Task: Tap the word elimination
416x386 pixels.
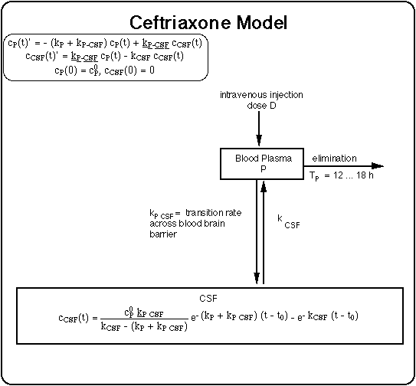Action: click(x=334, y=159)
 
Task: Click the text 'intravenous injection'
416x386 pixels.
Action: click(x=260, y=95)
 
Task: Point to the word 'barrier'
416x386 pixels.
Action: click(x=163, y=235)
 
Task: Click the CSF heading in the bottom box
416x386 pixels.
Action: click(x=208, y=299)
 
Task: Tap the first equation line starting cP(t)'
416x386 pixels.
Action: click(x=106, y=44)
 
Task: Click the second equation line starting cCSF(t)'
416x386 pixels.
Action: click(x=104, y=57)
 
